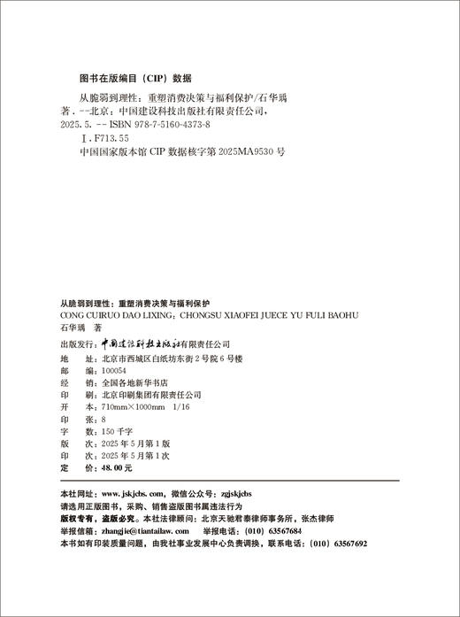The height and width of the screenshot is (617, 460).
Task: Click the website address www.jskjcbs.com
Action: (133, 492)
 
